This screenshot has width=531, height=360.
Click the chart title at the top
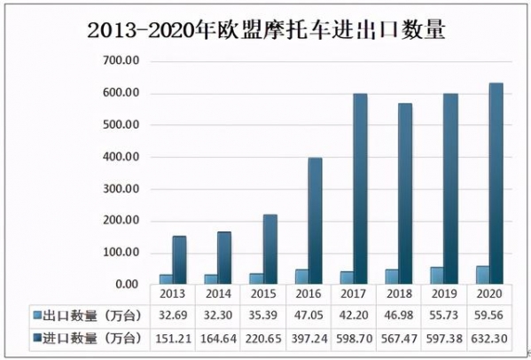click(266, 29)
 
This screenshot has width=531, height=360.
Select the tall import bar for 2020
click(496, 184)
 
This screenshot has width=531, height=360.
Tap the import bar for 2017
click(360, 189)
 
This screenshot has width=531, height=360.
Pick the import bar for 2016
click(315, 221)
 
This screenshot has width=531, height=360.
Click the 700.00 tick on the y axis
click(121, 61)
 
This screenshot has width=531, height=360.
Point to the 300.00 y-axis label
click(121, 189)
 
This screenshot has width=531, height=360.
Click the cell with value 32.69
click(173, 315)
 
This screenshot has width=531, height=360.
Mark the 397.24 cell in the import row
click(308, 337)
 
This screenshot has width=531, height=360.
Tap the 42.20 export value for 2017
click(353, 315)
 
